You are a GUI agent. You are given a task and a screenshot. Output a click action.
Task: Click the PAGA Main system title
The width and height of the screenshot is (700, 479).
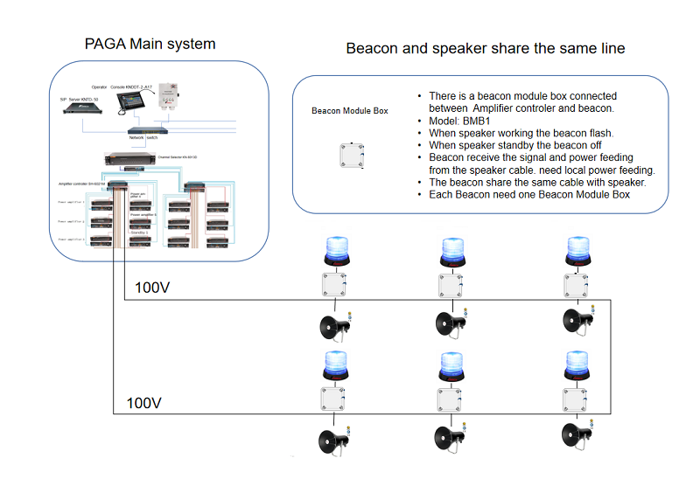click(x=150, y=44)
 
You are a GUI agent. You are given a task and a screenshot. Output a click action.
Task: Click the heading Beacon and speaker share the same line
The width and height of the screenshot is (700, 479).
click(x=486, y=48)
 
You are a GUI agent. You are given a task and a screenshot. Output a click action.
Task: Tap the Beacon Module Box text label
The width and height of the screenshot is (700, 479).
click(x=349, y=111)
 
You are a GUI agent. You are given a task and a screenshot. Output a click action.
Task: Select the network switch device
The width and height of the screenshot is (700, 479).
click(x=140, y=131)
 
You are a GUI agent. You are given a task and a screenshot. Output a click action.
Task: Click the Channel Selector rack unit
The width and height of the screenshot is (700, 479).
click(x=127, y=158)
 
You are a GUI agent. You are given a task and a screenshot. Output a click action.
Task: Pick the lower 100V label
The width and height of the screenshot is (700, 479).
click(x=144, y=403)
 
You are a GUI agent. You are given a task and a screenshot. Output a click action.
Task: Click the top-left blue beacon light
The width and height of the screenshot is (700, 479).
click(x=336, y=251)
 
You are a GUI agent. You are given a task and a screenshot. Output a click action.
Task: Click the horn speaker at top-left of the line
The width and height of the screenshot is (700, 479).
click(x=336, y=325)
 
